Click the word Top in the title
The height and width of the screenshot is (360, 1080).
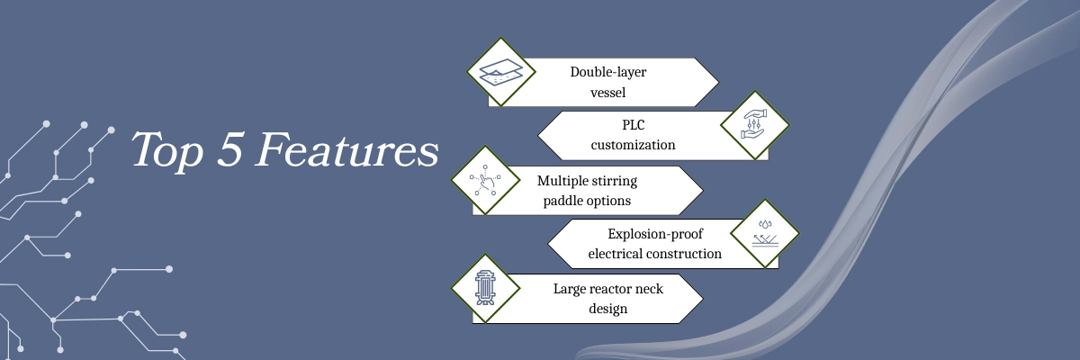[166, 150]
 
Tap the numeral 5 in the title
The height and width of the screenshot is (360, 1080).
[229, 148]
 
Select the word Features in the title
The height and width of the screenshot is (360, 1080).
[346, 149]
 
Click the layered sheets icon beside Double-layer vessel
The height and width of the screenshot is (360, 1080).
[501, 72]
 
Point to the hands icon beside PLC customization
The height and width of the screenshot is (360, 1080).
[754, 125]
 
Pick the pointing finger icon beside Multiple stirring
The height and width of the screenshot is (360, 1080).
[485, 180]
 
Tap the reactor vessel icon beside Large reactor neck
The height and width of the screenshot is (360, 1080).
[485, 288]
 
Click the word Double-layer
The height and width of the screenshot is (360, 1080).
[608, 72]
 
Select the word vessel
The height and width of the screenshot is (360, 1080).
[608, 93]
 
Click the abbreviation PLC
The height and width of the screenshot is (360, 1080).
[633, 125]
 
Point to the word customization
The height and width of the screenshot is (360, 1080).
[633, 145]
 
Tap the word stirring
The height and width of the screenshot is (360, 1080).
[615, 181]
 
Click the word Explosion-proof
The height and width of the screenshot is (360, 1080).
[655, 234]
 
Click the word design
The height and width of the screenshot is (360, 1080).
[608, 309]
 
